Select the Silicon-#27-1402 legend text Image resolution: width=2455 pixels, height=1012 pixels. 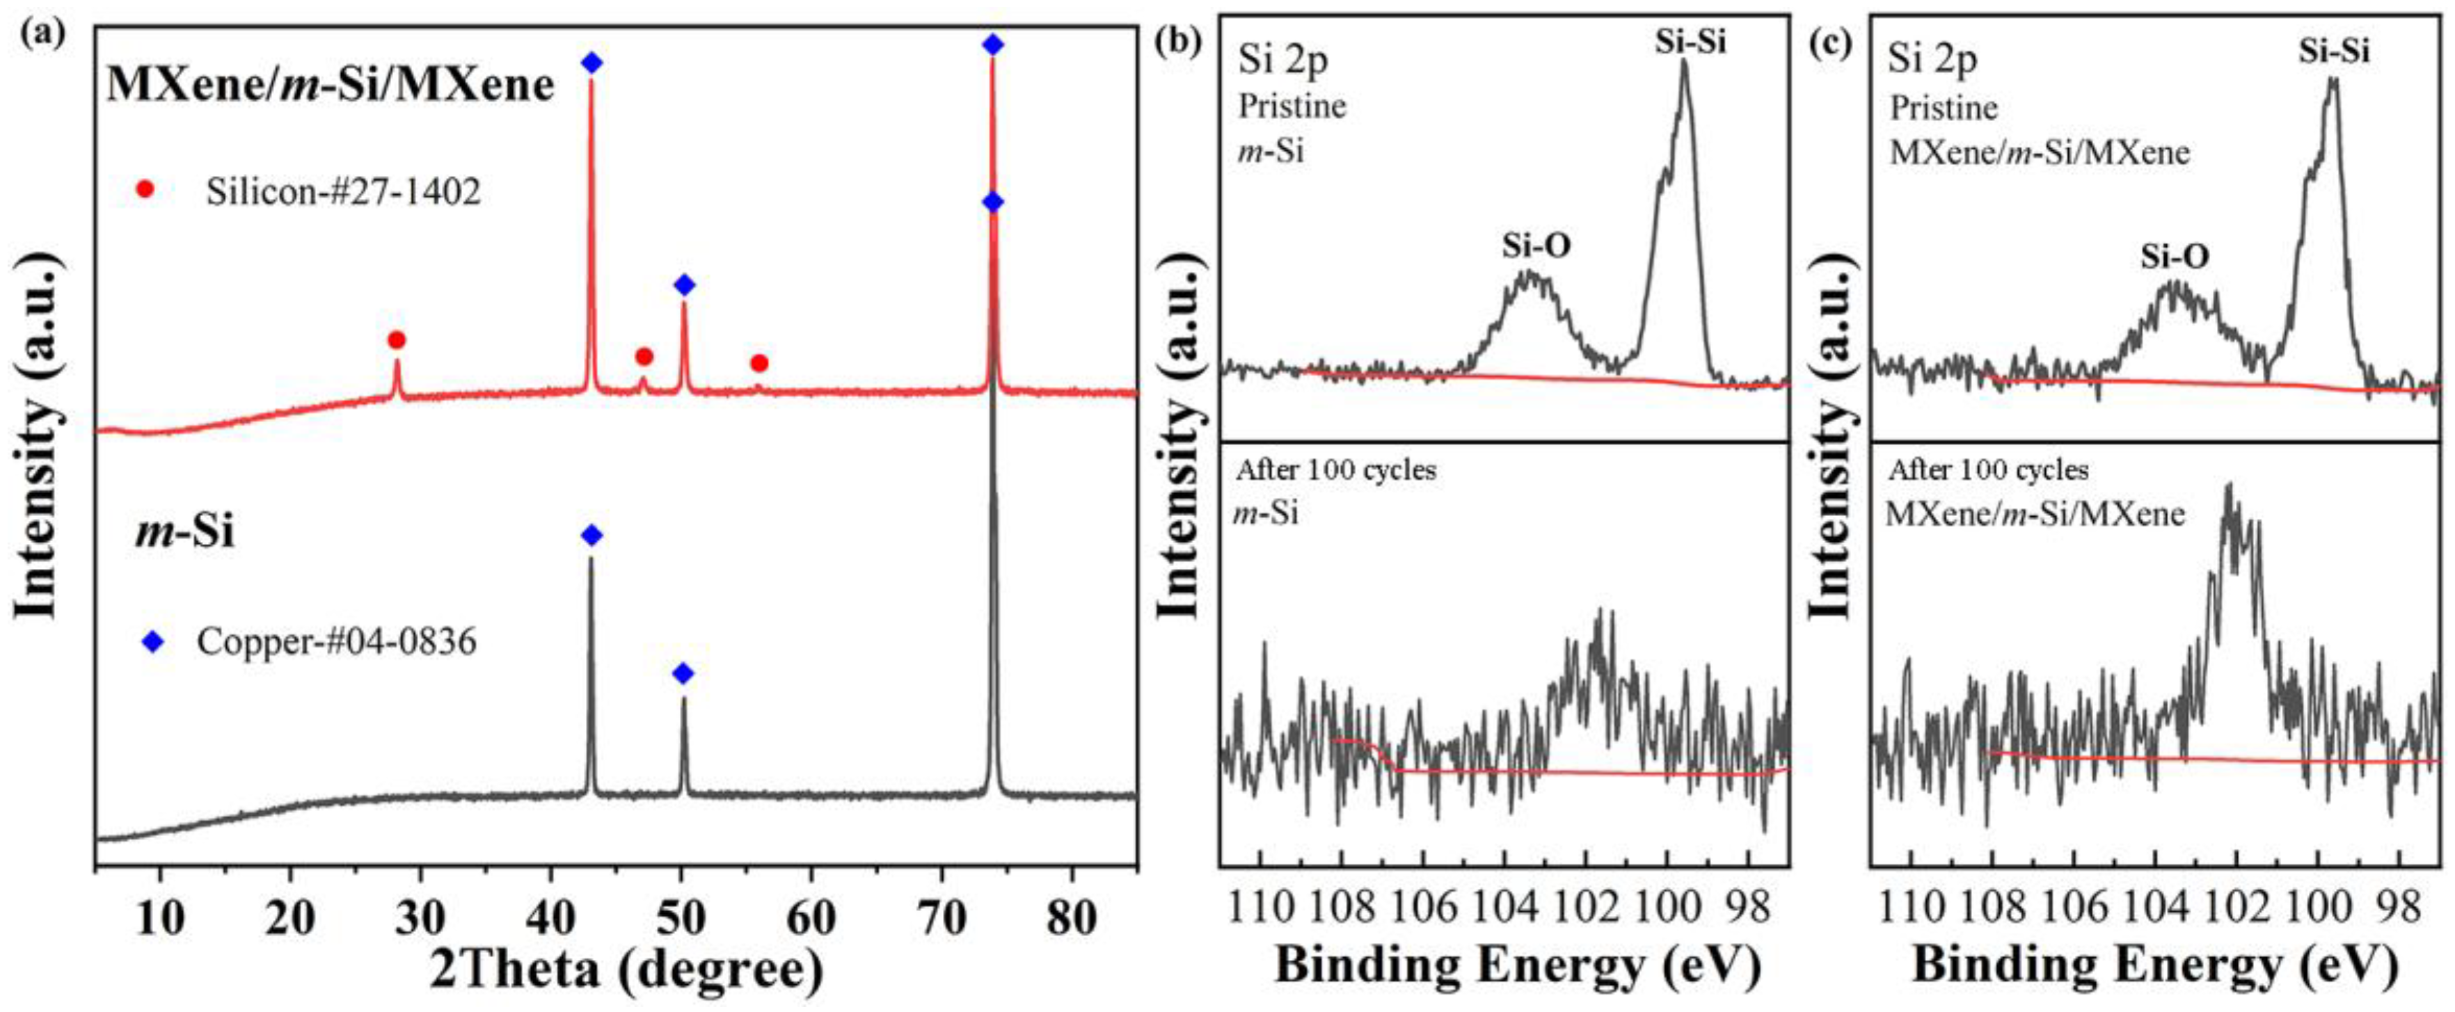[343, 193]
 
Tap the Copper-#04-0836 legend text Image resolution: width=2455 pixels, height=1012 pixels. [336, 641]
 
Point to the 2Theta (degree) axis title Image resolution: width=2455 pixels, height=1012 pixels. [626, 970]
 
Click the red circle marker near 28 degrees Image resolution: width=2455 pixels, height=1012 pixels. [397, 340]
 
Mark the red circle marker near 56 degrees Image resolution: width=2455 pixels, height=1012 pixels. [758, 363]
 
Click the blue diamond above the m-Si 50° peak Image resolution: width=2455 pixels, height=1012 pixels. [683, 674]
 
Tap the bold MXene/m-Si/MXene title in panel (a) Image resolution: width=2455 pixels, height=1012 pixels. [330, 86]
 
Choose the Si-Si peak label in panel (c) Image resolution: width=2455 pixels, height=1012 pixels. [2334, 51]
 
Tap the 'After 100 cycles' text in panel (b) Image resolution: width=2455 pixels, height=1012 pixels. [1335, 471]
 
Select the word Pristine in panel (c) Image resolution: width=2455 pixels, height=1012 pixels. [1944, 108]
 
